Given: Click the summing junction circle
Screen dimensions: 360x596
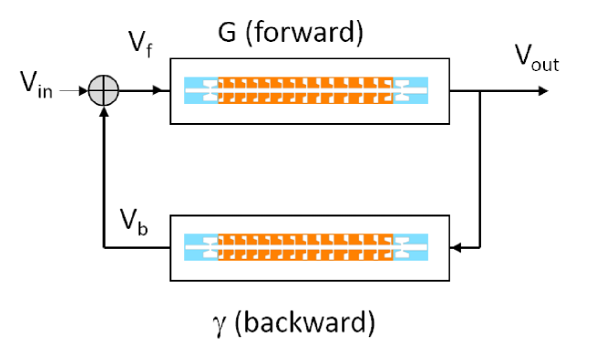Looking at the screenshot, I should (x=105, y=90).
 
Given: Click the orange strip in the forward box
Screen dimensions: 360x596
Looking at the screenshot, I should (x=305, y=89).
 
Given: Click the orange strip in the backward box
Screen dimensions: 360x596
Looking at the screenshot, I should (x=305, y=246).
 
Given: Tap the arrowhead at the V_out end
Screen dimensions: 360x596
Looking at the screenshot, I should (x=543, y=90).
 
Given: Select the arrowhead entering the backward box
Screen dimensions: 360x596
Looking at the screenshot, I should (x=457, y=246).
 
